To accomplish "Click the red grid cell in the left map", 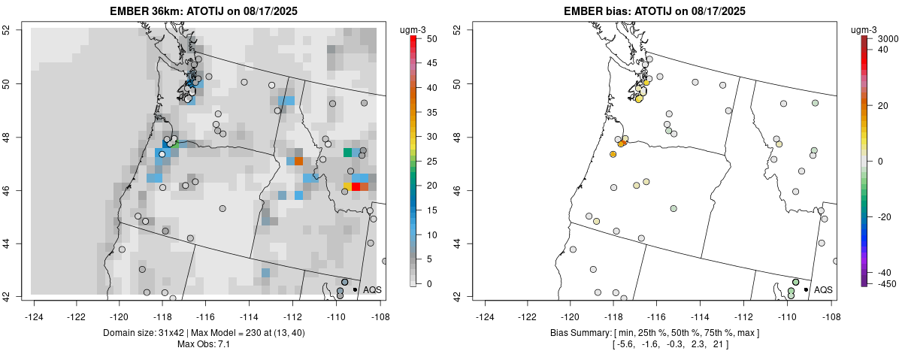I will pos(356,186).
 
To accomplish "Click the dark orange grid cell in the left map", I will pos(298,161).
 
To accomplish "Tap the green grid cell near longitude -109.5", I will pos(347,153).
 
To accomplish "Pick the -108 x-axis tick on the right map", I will pos(831,309).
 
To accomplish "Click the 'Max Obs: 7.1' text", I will pos(207,344).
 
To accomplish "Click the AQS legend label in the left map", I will pos(372,289).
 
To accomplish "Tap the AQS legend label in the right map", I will pos(823,289).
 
